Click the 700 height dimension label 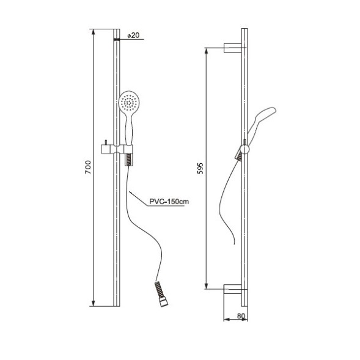coord(88,167)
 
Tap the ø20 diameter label coord(133,35)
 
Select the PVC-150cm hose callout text coord(169,202)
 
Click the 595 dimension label coord(200,168)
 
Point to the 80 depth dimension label coord(241,316)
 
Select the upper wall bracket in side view coord(233,48)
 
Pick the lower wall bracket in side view coord(233,289)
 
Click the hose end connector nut coord(164,302)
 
